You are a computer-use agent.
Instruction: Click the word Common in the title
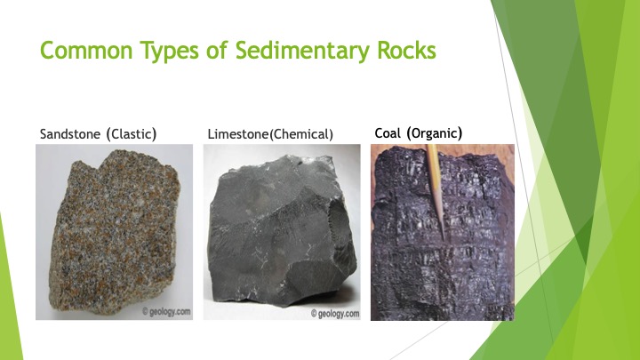(86, 50)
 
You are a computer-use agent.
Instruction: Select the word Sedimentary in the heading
(302, 52)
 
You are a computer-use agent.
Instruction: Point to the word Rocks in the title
(406, 50)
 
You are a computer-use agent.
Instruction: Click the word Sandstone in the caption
(70, 134)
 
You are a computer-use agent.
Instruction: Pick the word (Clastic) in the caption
(132, 134)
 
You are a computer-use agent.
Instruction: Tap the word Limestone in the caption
(238, 134)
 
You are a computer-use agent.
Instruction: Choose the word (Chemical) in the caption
(301, 134)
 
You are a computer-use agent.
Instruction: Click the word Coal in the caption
(388, 133)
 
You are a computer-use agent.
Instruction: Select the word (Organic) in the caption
(435, 133)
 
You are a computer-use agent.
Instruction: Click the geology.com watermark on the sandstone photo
(166, 312)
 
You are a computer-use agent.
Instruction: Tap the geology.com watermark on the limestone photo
(335, 314)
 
